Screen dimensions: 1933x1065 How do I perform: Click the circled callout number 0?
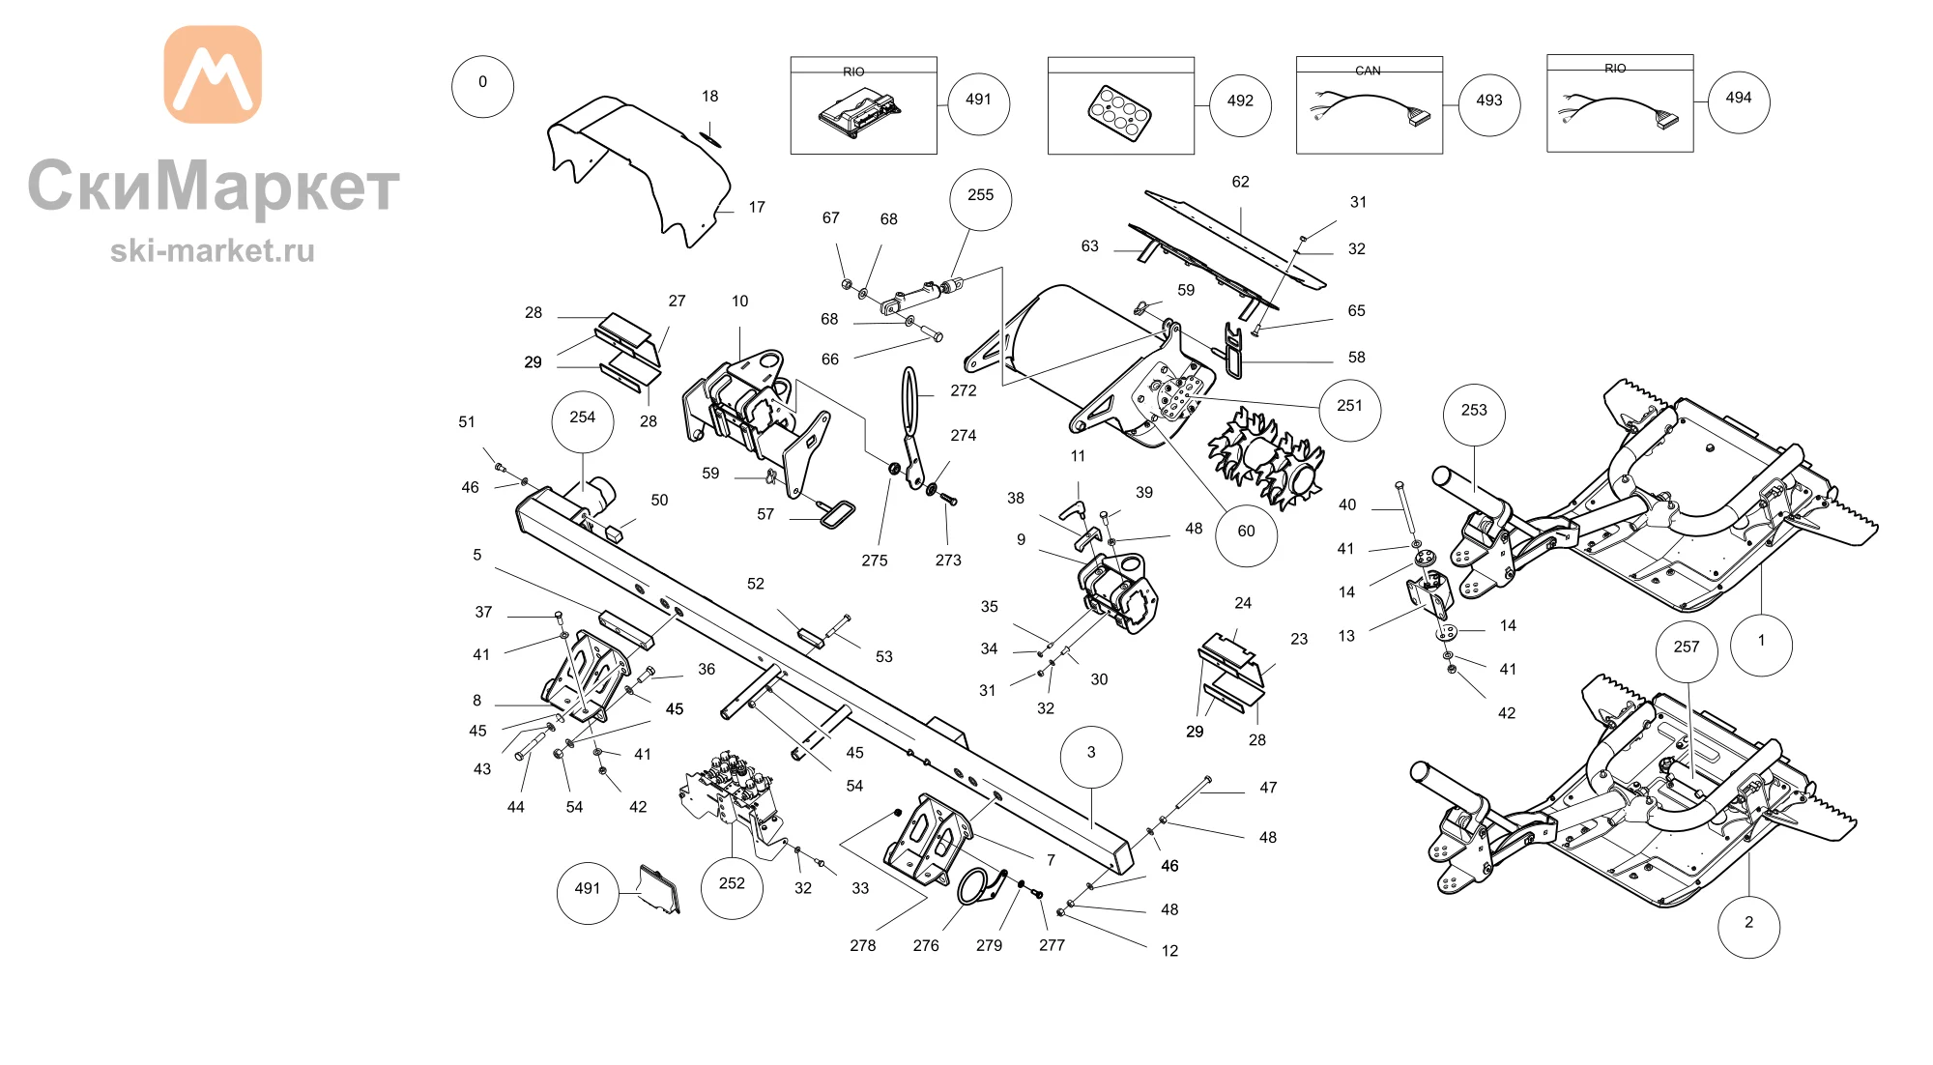(x=482, y=86)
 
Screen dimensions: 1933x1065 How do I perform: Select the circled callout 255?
(x=981, y=199)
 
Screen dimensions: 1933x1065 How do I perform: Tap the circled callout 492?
(x=1240, y=104)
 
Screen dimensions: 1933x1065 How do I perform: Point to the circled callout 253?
(x=1474, y=414)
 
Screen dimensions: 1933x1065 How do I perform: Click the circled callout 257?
(x=1687, y=650)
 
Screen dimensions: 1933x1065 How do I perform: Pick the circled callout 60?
(x=1246, y=534)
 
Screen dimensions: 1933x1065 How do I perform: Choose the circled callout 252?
(x=732, y=887)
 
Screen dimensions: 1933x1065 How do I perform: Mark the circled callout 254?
(x=582, y=421)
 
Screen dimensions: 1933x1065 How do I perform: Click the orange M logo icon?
(x=213, y=74)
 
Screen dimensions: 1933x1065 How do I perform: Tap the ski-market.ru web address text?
(x=213, y=251)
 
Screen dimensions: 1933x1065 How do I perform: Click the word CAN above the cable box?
(x=1368, y=71)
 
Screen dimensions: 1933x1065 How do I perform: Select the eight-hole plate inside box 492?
(x=1119, y=112)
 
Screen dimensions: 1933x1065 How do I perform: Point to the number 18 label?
(x=710, y=97)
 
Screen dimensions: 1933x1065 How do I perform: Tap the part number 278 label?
(x=863, y=945)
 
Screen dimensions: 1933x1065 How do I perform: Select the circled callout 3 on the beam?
(x=1091, y=757)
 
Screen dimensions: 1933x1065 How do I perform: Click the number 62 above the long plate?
(x=1241, y=182)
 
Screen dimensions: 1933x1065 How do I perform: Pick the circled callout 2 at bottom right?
(x=1748, y=927)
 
